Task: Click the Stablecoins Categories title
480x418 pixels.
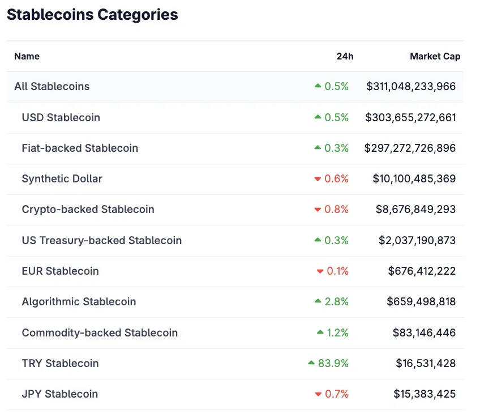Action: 92,15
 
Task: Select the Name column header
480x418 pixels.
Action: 27,56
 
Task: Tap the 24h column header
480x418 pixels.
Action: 344,56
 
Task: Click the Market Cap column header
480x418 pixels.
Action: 435,56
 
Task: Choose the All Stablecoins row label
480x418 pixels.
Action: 52,87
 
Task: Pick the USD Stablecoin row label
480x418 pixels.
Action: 61,118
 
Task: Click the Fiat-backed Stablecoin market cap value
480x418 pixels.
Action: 410,148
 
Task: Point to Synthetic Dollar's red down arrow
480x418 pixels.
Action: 318,180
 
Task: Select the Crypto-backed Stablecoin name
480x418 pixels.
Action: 88,210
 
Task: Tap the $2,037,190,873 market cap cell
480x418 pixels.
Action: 417,241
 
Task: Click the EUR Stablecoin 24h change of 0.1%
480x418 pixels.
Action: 337,271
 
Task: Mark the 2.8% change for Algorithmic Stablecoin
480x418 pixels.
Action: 336,302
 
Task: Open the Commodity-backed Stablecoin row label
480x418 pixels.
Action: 100,333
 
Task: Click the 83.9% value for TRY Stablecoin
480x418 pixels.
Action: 333,364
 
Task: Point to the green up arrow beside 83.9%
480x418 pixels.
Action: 311,363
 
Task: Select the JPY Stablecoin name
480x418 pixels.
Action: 59,394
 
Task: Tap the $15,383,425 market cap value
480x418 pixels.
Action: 424,394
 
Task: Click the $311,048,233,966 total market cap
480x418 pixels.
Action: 410,87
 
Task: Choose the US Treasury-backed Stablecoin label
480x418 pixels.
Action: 101,241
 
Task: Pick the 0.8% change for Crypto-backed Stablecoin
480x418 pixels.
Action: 336,210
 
